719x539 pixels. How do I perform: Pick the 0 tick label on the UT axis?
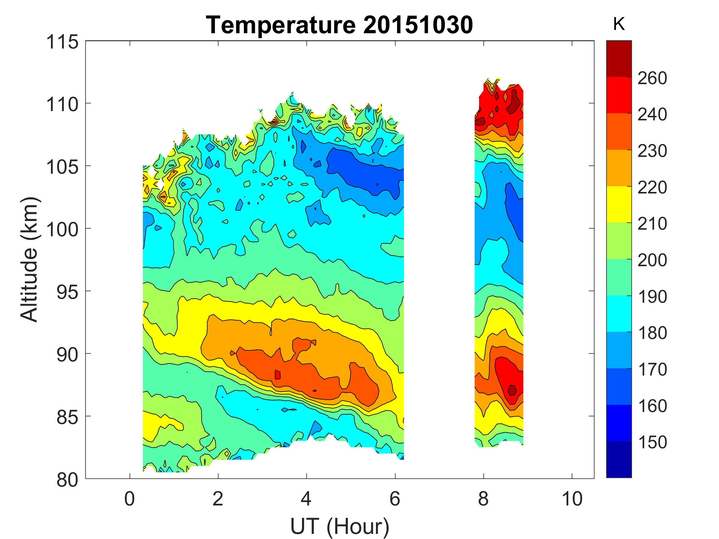(x=129, y=499)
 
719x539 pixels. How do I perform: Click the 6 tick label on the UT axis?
(x=395, y=499)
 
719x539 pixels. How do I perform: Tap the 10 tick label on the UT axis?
(x=572, y=499)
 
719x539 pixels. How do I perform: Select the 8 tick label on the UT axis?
(x=483, y=499)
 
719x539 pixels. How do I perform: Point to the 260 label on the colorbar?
(x=652, y=78)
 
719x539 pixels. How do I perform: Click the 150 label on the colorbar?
(x=652, y=442)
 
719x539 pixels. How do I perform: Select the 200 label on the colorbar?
(x=652, y=260)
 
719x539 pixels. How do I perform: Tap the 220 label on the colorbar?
(x=652, y=187)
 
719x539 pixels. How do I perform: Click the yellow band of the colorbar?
(x=619, y=204)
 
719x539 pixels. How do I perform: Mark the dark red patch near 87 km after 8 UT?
(x=512, y=390)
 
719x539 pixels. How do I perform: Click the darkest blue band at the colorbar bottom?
(x=619, y=459)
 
